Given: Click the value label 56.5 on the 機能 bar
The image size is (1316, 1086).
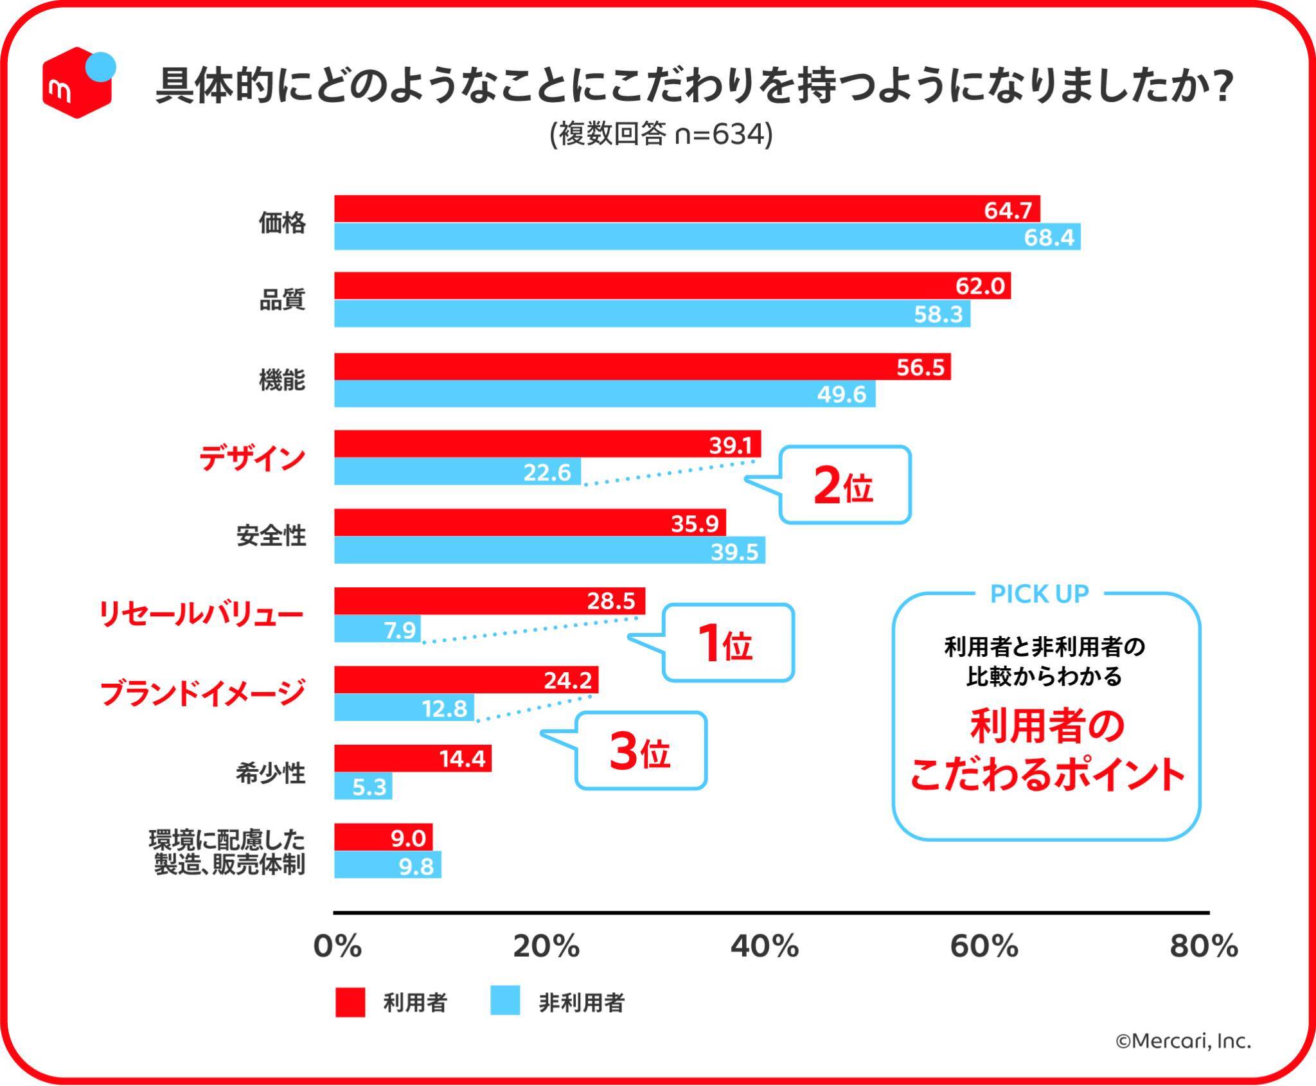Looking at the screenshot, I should (920, 367).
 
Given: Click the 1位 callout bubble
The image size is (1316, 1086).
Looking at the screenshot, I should (728, 643).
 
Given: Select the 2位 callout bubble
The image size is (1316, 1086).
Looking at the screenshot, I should (844, 486).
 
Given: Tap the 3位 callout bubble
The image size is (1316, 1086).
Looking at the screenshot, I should (641, 751).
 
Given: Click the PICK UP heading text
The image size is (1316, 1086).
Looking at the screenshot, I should (1039, 594).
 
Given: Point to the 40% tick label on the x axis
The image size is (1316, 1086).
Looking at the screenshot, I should (765, 947).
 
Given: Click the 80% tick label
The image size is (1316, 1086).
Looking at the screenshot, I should (1203, 947).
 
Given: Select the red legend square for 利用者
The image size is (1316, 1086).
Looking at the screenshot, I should (350, 1002).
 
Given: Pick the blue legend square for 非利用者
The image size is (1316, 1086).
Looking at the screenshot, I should (505, 1002).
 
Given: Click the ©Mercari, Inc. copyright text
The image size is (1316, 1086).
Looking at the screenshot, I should (1183, 1041).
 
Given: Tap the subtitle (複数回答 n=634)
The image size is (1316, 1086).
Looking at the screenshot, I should (661, 134).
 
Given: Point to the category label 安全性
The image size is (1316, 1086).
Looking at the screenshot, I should (271, 536).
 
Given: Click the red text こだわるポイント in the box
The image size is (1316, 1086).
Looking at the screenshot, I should (1047, 774).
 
